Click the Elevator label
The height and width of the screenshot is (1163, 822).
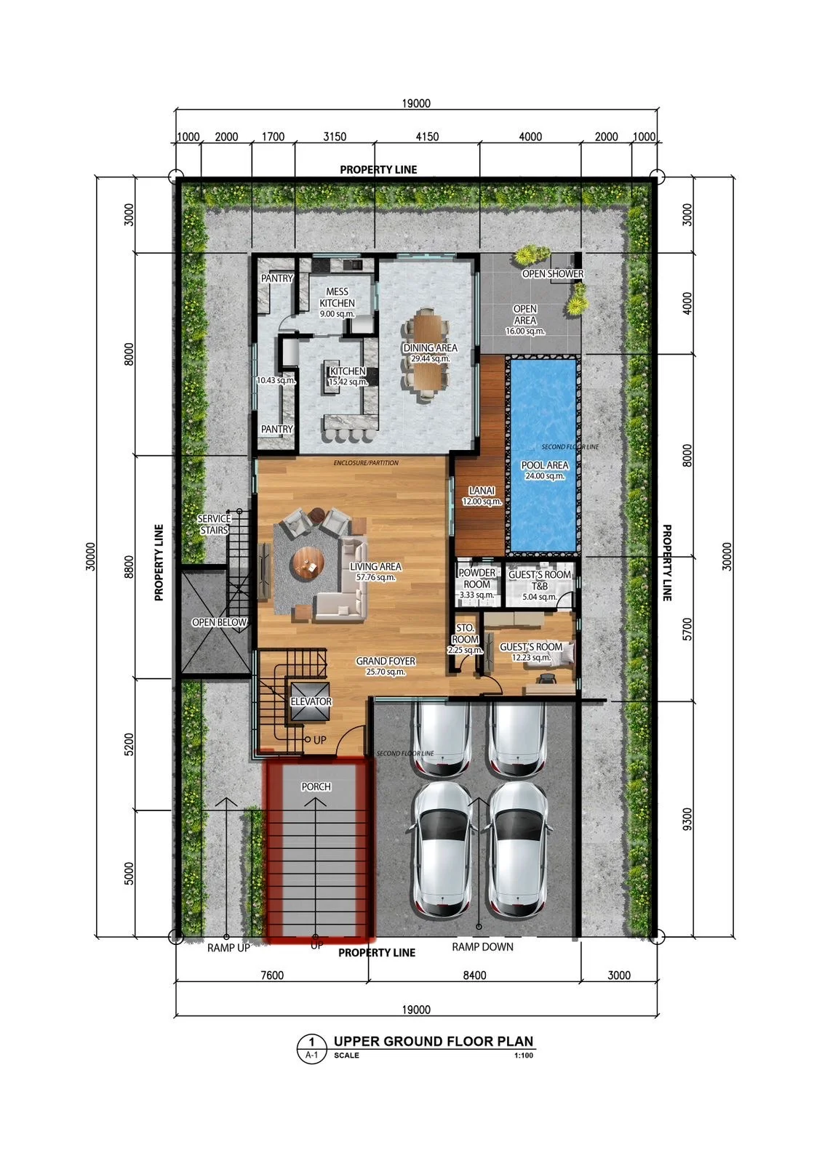(x=311, y=701)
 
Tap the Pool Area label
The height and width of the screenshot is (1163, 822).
(x=545, y=465)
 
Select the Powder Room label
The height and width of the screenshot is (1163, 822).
(x=476, y=579)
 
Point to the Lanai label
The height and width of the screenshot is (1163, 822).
(x=482, y=491)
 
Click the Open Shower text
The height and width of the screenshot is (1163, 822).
(x=553, y=273)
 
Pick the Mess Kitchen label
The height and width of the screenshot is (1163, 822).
(x=338, y=297)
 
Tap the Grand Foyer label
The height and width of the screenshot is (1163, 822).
(x=386, y=661)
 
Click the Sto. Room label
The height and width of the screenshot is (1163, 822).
(x=465, y=633)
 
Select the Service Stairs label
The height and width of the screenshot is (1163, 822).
(x=214, y=524)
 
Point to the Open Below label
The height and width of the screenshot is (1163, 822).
(x=219, y=622)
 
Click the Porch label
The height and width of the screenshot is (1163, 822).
(x=316, y=786)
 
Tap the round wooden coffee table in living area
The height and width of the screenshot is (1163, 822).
(x=308, y=564)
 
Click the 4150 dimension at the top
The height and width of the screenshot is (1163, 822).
(x=427, y=137)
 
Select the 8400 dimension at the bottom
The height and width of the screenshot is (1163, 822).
(x=474, y=975)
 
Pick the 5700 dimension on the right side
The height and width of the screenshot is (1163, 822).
(x=687, y=629)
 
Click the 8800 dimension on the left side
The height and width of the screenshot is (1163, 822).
(x=129, y=566)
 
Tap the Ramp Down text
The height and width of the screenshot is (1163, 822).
(x=482, y=946)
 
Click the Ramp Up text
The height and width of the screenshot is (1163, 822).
(x=228, y=948)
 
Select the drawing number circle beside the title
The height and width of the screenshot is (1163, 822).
(x=312, y=1047)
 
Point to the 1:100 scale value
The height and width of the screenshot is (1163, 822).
(x=524, y=1055)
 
